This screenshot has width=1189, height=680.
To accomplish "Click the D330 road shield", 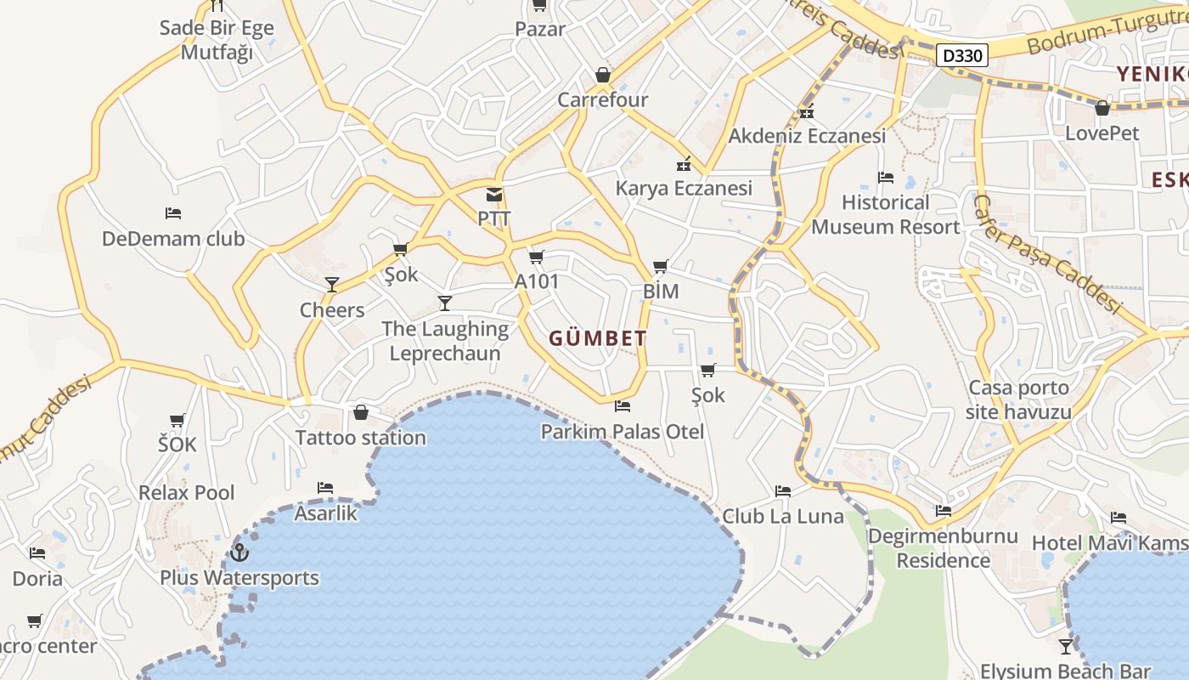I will [963, 56].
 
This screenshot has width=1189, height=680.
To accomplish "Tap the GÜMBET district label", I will [598, 338].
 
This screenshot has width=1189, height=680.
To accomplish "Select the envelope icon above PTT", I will [494, 195].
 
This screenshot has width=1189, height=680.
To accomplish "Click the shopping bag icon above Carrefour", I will [603, 75].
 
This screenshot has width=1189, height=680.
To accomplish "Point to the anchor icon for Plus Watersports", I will [239, 552].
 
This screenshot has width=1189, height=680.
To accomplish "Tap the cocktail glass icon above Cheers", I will [332, 285].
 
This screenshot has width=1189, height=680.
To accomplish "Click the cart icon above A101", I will [536, 257].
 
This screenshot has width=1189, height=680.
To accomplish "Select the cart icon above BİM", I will [661, 267].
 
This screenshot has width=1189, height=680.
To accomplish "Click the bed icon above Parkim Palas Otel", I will [623, 406].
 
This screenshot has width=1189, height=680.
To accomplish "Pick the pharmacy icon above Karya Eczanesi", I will [684, 164].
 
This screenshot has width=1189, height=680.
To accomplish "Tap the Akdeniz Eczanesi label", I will [807, 135].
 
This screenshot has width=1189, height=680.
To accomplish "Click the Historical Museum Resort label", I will [886, 215].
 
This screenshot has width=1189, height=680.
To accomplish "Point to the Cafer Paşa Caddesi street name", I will [1046, 253].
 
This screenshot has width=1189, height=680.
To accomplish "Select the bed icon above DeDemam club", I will [173, 212].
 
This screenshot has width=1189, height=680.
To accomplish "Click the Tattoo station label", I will [360, 438].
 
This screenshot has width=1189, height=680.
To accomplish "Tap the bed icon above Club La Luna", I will [783, 491].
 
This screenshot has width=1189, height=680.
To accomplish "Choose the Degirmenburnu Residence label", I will [943, 548].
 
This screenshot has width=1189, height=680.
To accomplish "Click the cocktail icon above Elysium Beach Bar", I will [1066, 646].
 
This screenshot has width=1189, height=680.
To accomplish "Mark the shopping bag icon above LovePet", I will [1102, 108].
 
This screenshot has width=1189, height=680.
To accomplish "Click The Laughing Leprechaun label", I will [445, 341].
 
